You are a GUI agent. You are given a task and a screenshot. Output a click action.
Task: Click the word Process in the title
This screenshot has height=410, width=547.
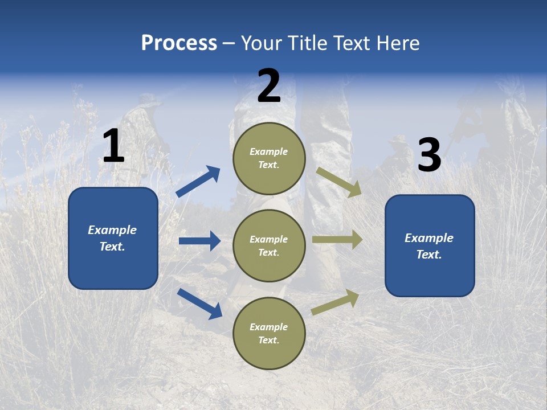tap(179, 43)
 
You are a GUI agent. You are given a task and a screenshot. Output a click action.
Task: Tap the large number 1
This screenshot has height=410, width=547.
tap(113, 146)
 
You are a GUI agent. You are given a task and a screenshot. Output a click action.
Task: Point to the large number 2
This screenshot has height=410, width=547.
tap(269, 86)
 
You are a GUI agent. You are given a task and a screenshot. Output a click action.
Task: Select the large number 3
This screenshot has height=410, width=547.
tap(429, 155)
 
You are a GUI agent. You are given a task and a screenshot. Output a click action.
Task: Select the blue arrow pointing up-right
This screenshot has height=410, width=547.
tap(198, 182)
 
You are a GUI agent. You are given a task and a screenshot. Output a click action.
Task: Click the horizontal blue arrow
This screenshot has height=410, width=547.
tap(199, 241)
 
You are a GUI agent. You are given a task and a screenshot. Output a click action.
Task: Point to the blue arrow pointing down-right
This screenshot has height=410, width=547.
tap(199, 304)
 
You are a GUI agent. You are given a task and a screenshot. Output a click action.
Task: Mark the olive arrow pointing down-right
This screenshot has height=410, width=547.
tap(338, 182)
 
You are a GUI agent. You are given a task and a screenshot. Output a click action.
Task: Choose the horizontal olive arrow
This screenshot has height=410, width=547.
tap(337, 240)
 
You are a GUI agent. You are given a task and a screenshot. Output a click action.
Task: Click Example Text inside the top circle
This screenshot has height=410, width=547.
tap(269, 158)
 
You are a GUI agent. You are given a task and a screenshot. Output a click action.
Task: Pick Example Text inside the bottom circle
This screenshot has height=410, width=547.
tap(269, 334)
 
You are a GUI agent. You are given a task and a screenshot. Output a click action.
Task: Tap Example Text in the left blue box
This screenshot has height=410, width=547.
tap(112, 238)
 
